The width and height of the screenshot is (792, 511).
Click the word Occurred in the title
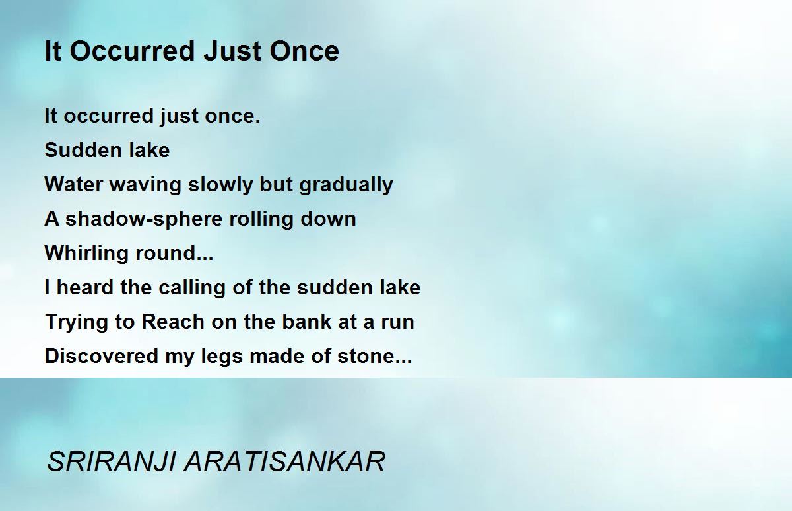tap(133, 51)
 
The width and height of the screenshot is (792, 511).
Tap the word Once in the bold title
tap(304, 51)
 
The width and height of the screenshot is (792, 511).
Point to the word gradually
tap(346, 186)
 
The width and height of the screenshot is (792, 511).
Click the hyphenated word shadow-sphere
tap(144, 219)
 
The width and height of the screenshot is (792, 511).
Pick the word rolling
tap(261, 219)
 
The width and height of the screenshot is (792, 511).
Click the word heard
tap(85, 287)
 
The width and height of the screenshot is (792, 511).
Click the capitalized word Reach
tap(173, 322)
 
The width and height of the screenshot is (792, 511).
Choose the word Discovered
tap(102, 356)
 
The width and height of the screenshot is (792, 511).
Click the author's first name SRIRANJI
tap(111, 461)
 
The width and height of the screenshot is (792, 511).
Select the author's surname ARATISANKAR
tap(284, 461)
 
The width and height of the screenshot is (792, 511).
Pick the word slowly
tap(220, 186)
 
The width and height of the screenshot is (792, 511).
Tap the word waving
tap(145, 186)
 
